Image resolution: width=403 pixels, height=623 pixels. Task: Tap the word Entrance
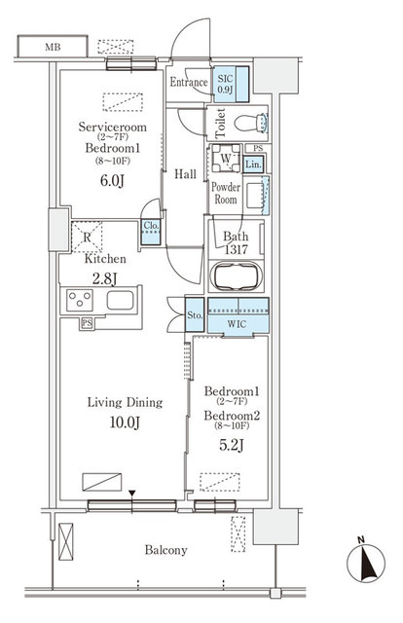click(189, 83)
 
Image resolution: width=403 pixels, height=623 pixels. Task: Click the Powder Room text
click(226, 193)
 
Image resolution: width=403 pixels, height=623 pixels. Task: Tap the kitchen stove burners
click(76, 302)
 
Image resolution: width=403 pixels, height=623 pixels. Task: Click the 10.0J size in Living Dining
click(124, 421)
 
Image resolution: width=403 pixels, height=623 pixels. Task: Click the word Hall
click(185, 174)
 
